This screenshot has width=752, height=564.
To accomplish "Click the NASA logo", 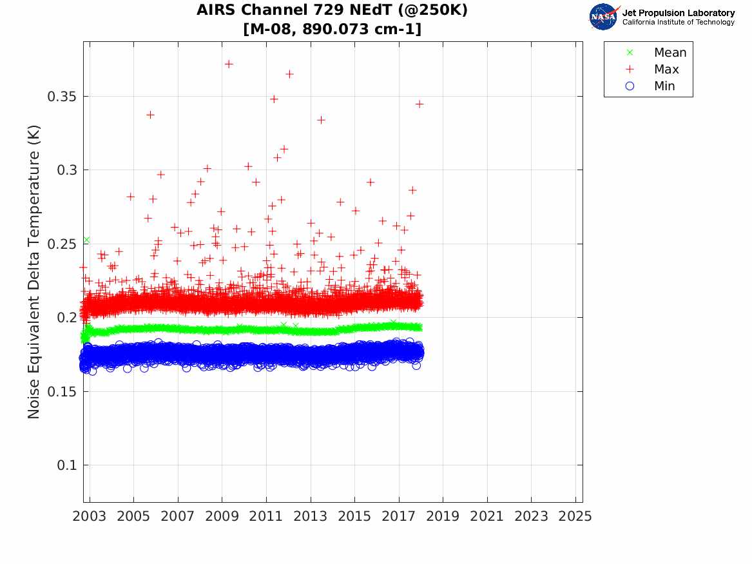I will pyautogui.click(x=604, y=17).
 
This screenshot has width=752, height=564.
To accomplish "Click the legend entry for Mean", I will pyautogui.click(x=670, y=53).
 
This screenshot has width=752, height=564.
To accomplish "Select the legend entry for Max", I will pyautogui.click(x=666, y=70).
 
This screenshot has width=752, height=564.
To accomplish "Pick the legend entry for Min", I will pyautogui.click(x=664, y=86).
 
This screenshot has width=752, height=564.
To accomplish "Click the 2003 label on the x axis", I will pyautogui.click(x=90, y=517).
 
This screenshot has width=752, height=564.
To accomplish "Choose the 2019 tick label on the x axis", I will pyautogui.click(x=443, y=517).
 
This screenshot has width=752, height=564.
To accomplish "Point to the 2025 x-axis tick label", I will pyautogui.click(x=575, y=517).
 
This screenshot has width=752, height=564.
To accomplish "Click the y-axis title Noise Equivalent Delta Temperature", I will pyautogui.click(x=34, y=271).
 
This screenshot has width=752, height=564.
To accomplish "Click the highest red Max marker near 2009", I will pyautogui.click(x=229, y=64).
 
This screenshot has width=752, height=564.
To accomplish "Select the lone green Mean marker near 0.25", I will pyautogui.click(x=86, y=240).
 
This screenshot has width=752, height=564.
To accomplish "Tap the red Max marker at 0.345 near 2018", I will pyautogui.click(x=419, y=104).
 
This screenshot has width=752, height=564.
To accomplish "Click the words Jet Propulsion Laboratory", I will pyautogui.click(x=678, y=13).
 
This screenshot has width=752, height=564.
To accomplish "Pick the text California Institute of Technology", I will pyautogui.click(x=678, y=23).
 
